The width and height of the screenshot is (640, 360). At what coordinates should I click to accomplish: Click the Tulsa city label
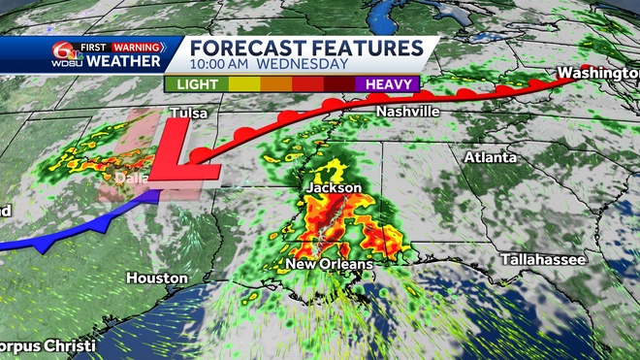pyautogui.click(x=189, y=114)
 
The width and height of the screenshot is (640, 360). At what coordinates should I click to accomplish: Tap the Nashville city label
pyautogui.click(x=407, y=113)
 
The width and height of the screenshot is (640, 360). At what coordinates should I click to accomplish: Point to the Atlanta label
pyautogui.click(x=491, y=156)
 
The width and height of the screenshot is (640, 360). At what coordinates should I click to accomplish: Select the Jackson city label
pyautogui.click(x=333, y=187)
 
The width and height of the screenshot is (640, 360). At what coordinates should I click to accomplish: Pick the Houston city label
pyautogui.click(x=156, y=278)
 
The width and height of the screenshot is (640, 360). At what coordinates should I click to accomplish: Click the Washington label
pyautogui.click(x=596, y=73)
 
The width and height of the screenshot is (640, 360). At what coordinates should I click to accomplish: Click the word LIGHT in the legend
pyautogui.click(x=197, y=84)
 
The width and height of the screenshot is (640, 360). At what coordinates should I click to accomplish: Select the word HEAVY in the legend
pyautogui.click(x=392, y=84)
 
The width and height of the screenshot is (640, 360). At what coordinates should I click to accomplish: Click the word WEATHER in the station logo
pyautogui.click(x=125, y=62)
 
